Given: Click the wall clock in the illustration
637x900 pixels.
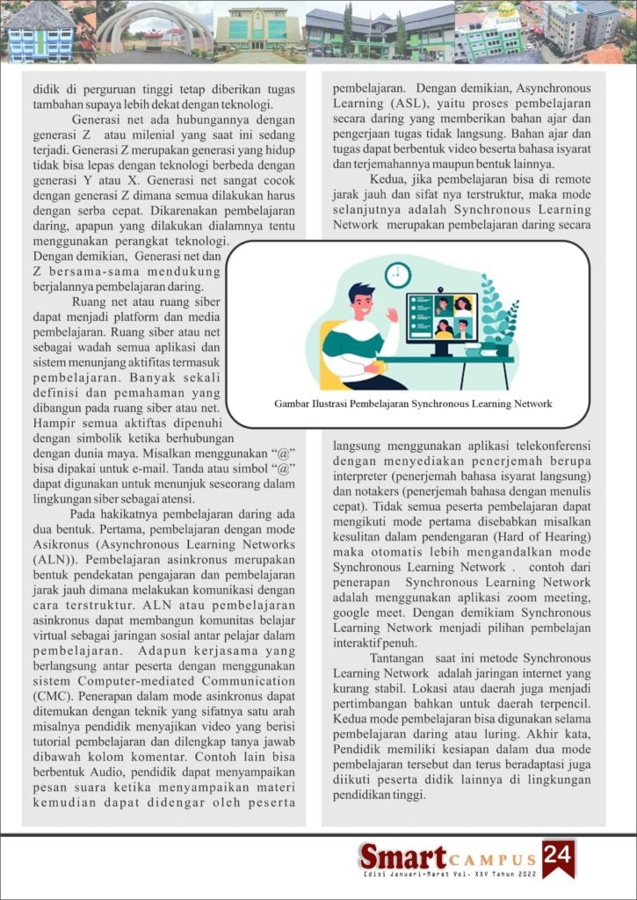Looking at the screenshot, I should [x=398, y=275].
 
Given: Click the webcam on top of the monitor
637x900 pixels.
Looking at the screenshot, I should [x=442, y=290].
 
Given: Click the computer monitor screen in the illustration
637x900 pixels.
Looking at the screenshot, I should [x=442, y=317].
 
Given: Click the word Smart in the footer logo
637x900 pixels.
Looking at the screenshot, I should [x=402, y=856].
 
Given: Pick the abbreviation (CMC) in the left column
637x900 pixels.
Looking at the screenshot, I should [x=52, y=694].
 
